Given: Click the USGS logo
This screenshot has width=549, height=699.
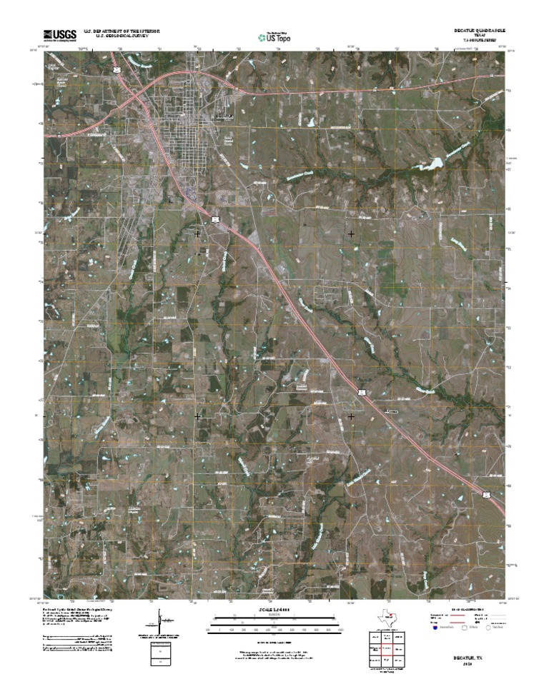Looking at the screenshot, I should [x=60, y=35].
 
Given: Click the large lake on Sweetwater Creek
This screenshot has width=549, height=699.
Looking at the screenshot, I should [x=433, y=164].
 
